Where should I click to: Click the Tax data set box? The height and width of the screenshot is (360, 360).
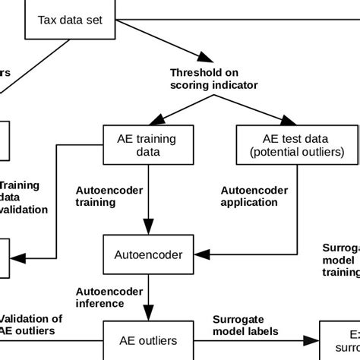click(x=73, y=20)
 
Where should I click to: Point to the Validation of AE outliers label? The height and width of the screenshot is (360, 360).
click(x=30, y=325)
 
